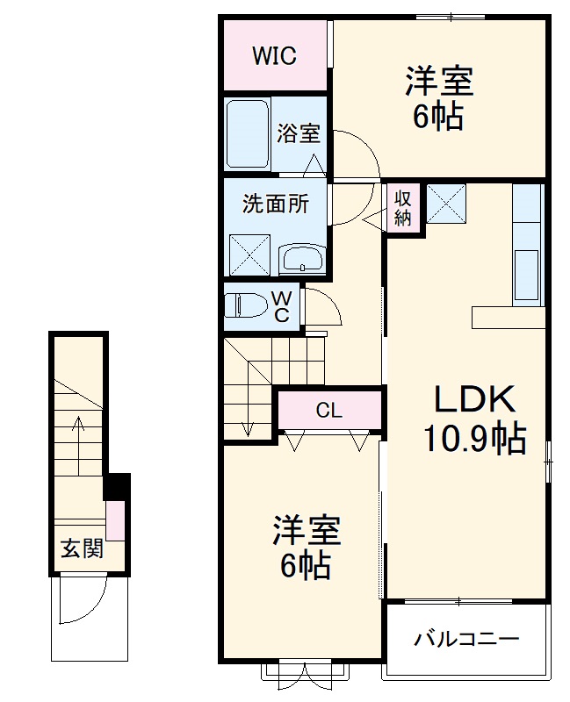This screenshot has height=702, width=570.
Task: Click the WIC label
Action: (x=275, y=56)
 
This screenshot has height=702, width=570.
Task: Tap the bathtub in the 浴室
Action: (x=247, y=135)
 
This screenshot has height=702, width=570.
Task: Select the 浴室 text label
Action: (x=299, y=134)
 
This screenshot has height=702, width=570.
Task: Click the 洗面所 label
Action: (x=275, y=204)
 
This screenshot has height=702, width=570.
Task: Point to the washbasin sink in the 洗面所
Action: (x=301, y=259)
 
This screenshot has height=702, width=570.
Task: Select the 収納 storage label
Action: (x=403, y=208)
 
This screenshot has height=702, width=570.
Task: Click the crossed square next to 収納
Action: (x=446, y=205)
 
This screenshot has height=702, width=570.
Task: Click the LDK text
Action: (x=474, y=400)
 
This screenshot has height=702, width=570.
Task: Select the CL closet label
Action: (x=329, y=410)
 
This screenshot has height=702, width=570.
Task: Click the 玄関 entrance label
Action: (x=81, y=549)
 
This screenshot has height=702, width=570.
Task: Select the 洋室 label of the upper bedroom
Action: (x=438, y=82)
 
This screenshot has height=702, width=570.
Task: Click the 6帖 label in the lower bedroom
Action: (x=305, y=565)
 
